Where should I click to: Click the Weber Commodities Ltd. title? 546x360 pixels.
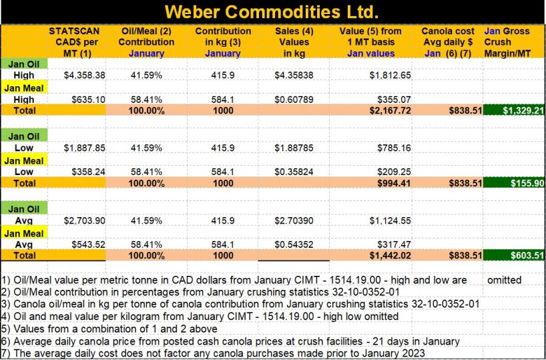pyautogui.click(x=272, y=12)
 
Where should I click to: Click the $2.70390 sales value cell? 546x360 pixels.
pyautogui.click(x=295, y=220)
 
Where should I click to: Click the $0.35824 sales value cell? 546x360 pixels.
pyautogui.click(x=295, y=171)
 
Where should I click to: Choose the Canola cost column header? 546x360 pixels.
pyautogui.click(x=448, y=41)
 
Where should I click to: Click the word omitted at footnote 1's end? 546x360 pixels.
pyautogui.click(x=504, y=280)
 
